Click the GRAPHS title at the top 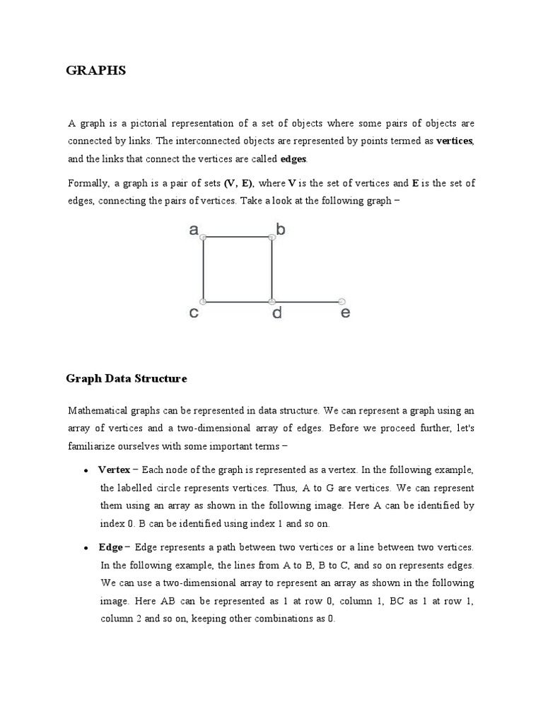pyautogui.click(x=96, y=71)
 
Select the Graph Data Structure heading pyautogui.click(x=127, y=379)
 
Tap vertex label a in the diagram pyautogui.click(x=194, y=229)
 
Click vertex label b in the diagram pyautogui.click(x=281, y=229)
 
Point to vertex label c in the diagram pyautogui.click(x=194, y=313)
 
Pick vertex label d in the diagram pyautogui.click(x=277, y=312)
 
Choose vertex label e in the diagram pyautogui.click(x=345, y=312)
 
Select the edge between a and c pyautogui.click(x=204, y=270)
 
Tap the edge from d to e pyautogui.click(x=307, y=302)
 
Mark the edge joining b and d pyautogui.click(x=271, y=270)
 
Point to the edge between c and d pyautogui.click(x=238, y=302)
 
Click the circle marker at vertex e pyautogui.click(x=341, y=301)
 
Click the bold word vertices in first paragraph pyautogui.click(x=455, y=141)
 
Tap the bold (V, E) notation pyautogui.click(x=239, y=183)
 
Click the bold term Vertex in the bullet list pyautogui.click(x=114, y=470)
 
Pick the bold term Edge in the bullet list pyautogui.click(x=111, y=547)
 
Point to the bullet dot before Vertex pyautogui.click(x=86, y=471)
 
